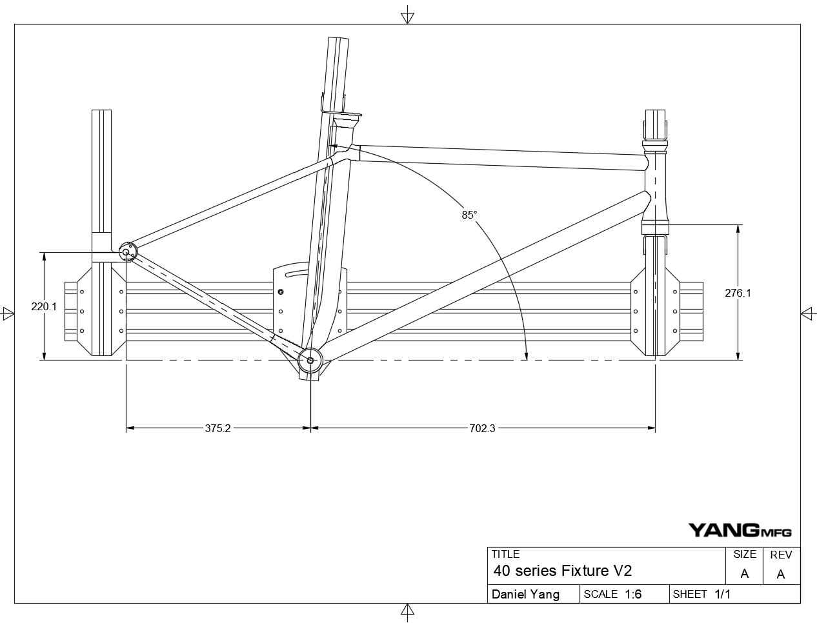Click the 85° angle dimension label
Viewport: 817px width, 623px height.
[469, 215]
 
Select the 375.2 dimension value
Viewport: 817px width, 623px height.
[217, 428]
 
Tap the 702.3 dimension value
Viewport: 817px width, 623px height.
[482, 428]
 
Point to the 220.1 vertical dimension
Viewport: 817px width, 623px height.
[44, 307]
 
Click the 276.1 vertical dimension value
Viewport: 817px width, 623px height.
[738, 293]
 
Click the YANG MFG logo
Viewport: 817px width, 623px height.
[740, 530]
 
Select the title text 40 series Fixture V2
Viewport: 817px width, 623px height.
[562, 571]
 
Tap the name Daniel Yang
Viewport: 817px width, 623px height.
[525, 595]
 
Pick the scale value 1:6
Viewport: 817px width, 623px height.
[633, 595]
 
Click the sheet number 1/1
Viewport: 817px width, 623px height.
[722, 595]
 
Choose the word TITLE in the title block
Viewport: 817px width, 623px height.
[505, 554]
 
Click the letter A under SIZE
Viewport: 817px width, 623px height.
[745, 574]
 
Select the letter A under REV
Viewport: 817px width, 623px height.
[781, 574]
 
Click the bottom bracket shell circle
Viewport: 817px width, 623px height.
[310, 361]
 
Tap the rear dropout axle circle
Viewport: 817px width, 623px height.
[126, 252]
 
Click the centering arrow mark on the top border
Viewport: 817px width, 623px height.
[407, 16]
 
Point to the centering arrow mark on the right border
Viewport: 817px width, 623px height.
[808, 313]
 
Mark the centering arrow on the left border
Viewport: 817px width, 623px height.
[8, 313]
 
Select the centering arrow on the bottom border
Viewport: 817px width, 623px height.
[407, 611]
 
